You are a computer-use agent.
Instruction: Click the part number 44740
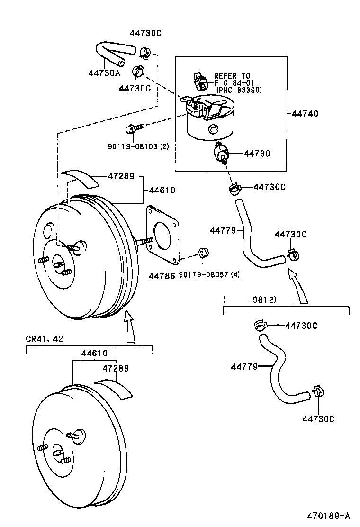[305, 114]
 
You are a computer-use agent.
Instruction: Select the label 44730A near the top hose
[104, 73]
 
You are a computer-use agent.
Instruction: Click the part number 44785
[162, 275]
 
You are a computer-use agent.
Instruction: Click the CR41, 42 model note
[44, 339]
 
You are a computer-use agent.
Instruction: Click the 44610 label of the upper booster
[162, 190]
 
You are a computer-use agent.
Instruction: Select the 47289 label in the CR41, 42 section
[116, 368]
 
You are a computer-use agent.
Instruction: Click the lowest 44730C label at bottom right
[318, 419]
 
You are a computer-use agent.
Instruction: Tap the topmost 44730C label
[145, 33]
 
